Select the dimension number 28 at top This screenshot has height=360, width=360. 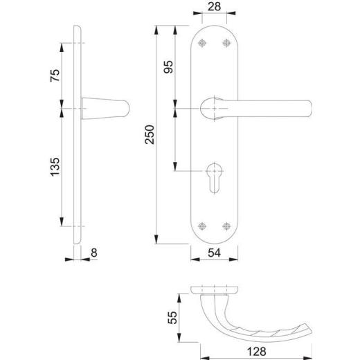tap(213, 8)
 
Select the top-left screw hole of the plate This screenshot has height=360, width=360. tap(201, 44)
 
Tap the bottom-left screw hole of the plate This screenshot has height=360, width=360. tap(201, 226)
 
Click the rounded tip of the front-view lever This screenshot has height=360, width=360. tap(309, 109)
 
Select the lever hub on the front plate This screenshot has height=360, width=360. tap(213, 109)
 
